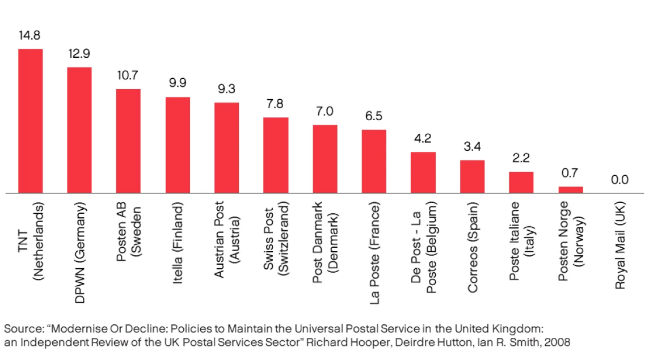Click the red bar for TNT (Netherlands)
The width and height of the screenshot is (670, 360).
(x=30, y=121)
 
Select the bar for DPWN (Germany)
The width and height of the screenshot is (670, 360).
(x=79, y=130)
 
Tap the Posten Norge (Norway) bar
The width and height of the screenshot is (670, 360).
(x=571, y=190)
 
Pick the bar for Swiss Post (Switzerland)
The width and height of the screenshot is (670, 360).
(x=276, y=155)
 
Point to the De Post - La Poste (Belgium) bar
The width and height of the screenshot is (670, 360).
(x=423, y=172)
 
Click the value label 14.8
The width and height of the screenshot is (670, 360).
(x=30, y=35)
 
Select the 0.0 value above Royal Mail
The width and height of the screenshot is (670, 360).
(x=620, y=180)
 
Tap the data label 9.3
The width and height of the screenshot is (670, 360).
(x=226, y=89)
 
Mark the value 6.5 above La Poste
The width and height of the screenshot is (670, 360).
(x=374, y=116)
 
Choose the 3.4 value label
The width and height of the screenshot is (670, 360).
(x=472, y=146)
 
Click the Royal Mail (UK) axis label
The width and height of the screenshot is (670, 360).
(x=620, y=245)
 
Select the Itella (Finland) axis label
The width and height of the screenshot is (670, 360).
(x=178, y=243)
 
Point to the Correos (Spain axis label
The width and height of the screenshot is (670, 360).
(x=472, y=247)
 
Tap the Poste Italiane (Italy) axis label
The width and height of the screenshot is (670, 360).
(x=521, y=241)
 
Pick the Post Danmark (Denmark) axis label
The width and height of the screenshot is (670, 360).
(x=325, y=242)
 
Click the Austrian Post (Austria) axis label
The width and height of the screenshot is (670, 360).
(x=226, y=240)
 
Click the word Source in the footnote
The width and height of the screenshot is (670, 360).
(x=23, y=329)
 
